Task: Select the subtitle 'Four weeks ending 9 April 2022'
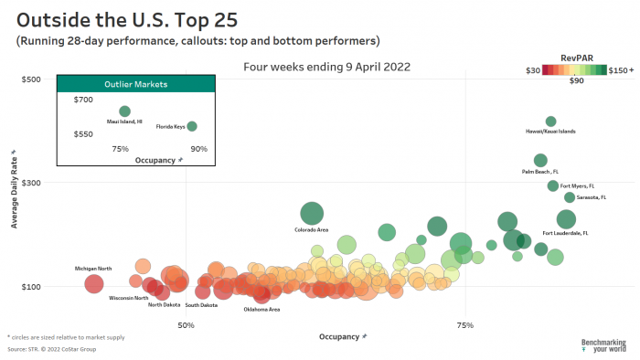[x=326, y=67]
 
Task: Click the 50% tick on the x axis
[x=186, y=325]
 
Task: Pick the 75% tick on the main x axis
[x=465, y=325]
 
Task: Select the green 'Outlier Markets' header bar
[x=135, y=83]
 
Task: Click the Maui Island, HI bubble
[x=124, y=111]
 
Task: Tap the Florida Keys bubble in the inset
[x=192, y=126]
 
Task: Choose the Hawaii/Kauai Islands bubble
[x=550, y=122]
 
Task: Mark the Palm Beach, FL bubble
[x=540, y=161]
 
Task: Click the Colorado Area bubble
[x=312, y=214]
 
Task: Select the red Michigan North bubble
[x=93, y=284]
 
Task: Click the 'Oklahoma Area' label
[x=261, y=309]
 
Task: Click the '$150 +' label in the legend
[x=621, y=69]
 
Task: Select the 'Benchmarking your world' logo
[x=603, y=345]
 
